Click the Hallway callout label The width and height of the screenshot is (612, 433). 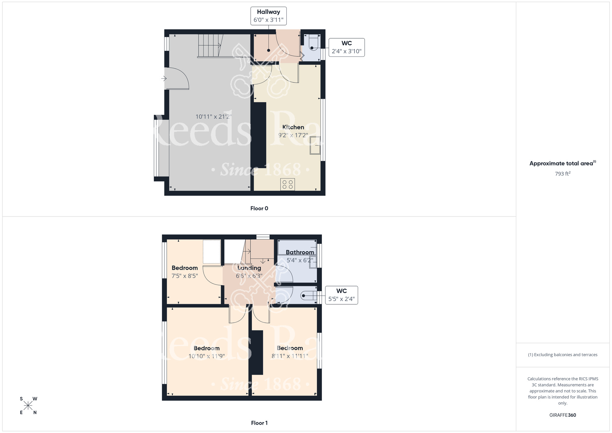(268, 16)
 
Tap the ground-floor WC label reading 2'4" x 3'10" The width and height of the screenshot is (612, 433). (346, 47)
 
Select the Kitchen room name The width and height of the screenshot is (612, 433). (293, 127)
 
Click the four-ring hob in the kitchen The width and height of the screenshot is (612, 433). (287, 184)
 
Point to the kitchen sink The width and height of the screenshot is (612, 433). (315, 145)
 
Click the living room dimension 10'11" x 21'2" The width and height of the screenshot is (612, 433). (214, 117)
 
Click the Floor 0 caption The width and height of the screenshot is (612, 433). (259, 209)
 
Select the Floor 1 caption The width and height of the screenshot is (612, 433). (259, 423)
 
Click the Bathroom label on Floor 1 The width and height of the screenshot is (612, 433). (300, 252)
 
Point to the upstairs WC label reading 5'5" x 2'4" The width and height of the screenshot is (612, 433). (341, 295)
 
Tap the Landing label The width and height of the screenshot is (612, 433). (249, 268)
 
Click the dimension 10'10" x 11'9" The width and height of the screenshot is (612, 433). (207, 356)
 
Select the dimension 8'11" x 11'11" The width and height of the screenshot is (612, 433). (290, 356)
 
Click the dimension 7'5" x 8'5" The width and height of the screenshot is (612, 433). (185, 276)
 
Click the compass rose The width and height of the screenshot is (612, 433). (28, 406)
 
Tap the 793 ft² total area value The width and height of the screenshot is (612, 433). (562, 174)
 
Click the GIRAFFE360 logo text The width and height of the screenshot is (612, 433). (562, 415)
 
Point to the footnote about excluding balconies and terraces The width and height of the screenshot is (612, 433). (562, 355)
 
